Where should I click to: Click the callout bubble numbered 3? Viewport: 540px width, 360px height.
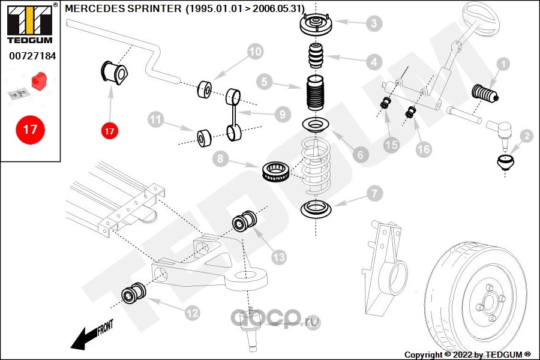tap(373, 23)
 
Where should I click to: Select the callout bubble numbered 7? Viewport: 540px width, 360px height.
tap(373, 194)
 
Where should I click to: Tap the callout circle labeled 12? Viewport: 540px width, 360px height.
tap(192, 313)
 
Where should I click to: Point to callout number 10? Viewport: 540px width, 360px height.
tap(255, 52)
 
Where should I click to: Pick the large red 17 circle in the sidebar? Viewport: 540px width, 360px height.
tap(30, 129)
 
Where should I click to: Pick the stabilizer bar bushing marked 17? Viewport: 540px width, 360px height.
tap(114, 73)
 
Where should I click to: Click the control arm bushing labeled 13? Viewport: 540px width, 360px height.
tap(244, 220)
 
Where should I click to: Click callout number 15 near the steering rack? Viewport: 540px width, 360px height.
tap(391, 144)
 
